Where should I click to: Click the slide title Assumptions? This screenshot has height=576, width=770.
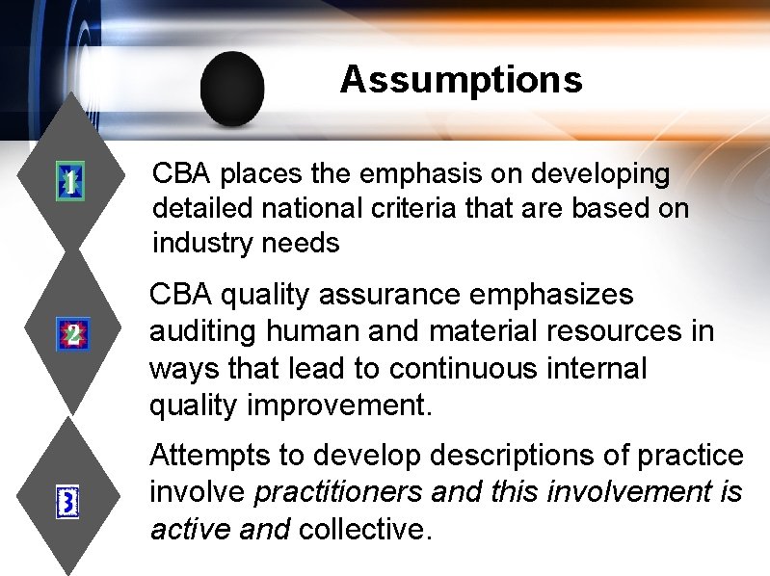pyautogui.click(x=461, y=79)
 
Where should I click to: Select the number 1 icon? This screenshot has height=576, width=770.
pyautogui.click(x=69, y=180)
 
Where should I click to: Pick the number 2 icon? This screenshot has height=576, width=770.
pyautogui.click(x=71, y=334)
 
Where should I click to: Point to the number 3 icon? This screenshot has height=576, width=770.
pyautogui.click(x=69, y=503)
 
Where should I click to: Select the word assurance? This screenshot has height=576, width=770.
pyautogui.click(x=390, y=294)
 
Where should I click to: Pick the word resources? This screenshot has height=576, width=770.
pyautogui.click(x=622, y=331)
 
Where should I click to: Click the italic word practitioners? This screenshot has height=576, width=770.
pyautogui.click(x=337, y=492)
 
